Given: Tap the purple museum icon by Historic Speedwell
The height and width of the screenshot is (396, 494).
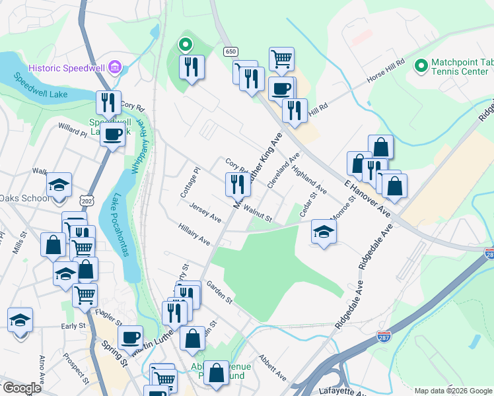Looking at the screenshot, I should coord(116,67).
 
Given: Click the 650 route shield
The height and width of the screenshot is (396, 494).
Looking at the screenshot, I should coord(230,51).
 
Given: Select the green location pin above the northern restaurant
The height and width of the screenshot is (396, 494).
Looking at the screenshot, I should coord(186,45).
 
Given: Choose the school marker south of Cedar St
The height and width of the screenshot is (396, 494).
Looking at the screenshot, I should coord(324,232).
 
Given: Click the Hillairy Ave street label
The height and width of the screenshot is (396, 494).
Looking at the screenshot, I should coord(194,234).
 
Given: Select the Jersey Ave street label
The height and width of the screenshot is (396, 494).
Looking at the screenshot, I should coord(205,213).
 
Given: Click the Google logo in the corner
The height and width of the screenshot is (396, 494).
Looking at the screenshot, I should coord(21,388).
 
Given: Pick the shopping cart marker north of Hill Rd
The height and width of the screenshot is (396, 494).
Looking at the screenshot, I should coord(281,59).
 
